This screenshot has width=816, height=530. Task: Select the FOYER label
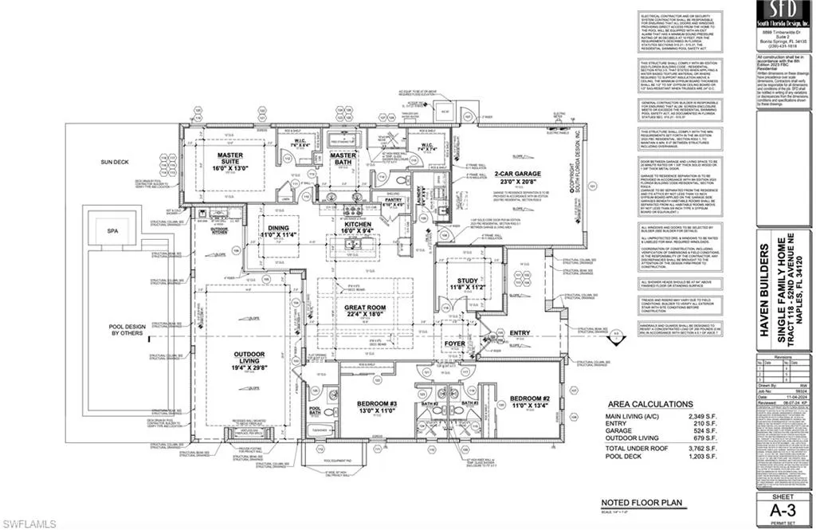pos(455,344)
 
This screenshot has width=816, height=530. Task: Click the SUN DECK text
pos(114,161)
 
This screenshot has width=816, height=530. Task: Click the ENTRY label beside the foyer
pos(519,332)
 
